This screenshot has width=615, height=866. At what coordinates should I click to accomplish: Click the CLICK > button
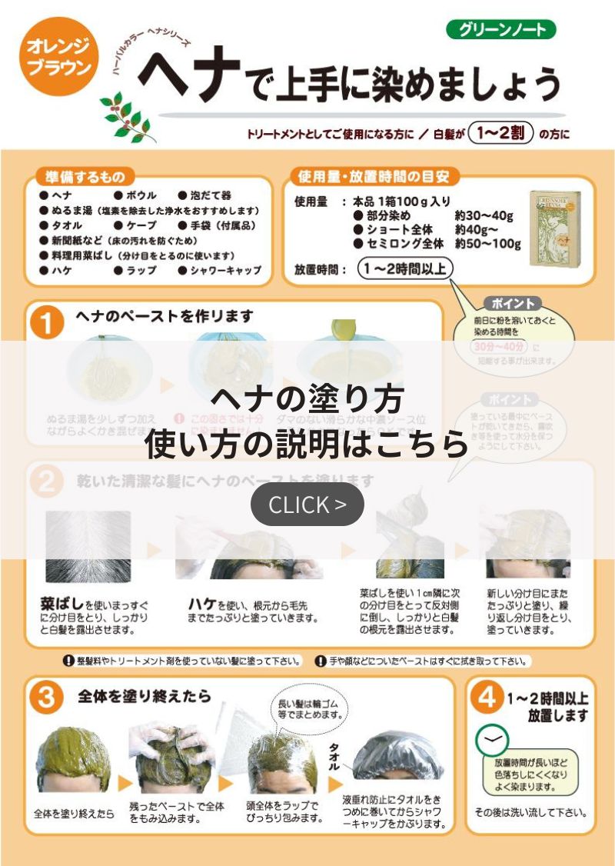(x=307, y=505)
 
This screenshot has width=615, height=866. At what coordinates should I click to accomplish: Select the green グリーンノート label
(x=500, y=30)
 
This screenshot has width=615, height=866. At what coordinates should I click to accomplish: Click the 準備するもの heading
(x=85, y=177)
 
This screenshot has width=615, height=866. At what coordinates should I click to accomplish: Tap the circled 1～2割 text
(x=500, y=134)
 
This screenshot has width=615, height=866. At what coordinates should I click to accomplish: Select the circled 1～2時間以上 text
(x=405, y=269)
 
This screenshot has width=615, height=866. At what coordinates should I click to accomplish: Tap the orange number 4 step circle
(x=486, y=698)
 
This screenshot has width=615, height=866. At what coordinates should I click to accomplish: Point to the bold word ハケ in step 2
(x=202, y=604)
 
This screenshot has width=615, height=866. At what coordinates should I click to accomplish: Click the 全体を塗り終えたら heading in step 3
(x=144, y=696)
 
